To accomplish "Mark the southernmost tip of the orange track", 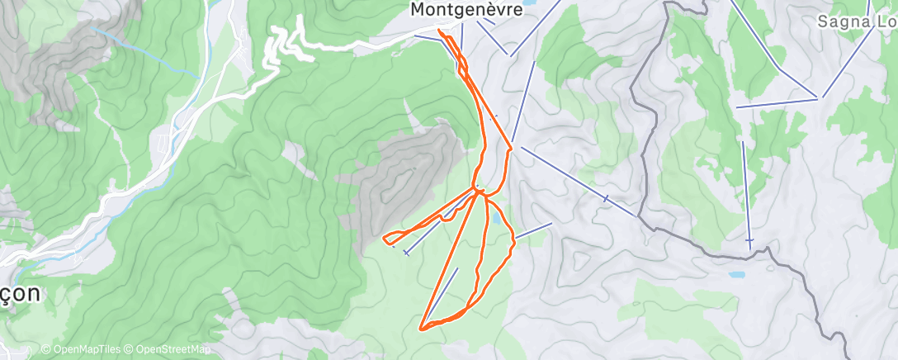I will click(423, 329).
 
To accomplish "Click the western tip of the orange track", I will click(385, 239).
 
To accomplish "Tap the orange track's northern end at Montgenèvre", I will click(439, 31).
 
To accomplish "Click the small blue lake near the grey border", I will click(736, 274).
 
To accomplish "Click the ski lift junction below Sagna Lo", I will click(820, 98).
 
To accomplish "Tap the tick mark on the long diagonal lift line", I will click(607, 198).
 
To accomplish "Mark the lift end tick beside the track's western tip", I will click(406, 253).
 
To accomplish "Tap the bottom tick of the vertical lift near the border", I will click(749, 240).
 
